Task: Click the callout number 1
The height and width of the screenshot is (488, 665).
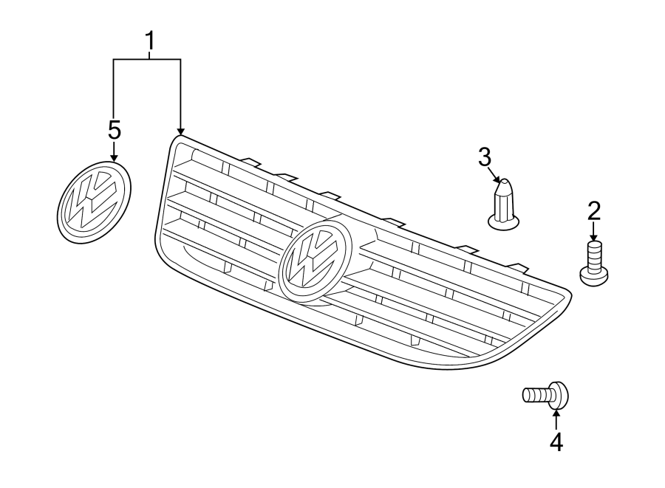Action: [x=150, y=44]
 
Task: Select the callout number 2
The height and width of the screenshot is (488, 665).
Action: [x=594, y=211]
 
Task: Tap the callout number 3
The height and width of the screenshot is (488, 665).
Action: [x=484, y=157]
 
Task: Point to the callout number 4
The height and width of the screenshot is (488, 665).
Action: [x=556, y=441]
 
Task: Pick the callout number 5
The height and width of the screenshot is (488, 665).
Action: [x=114, y=130]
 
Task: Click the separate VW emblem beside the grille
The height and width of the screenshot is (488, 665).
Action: [x=94, y=201]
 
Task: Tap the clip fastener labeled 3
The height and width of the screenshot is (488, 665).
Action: [x=504, y=205]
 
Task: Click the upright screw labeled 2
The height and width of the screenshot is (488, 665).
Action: [x=594, y=262]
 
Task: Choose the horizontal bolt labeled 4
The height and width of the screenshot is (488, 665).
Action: [x=545, y=396]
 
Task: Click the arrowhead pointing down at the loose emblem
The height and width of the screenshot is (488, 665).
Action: [x=114, y=156]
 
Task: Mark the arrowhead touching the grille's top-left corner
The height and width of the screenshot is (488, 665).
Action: [x=180, y=131]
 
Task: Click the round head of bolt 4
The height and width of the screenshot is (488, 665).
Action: [x=559, y=395]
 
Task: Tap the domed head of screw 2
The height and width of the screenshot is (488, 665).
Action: [x=594, y=275]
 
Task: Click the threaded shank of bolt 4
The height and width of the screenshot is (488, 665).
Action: [x=536, y=396]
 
